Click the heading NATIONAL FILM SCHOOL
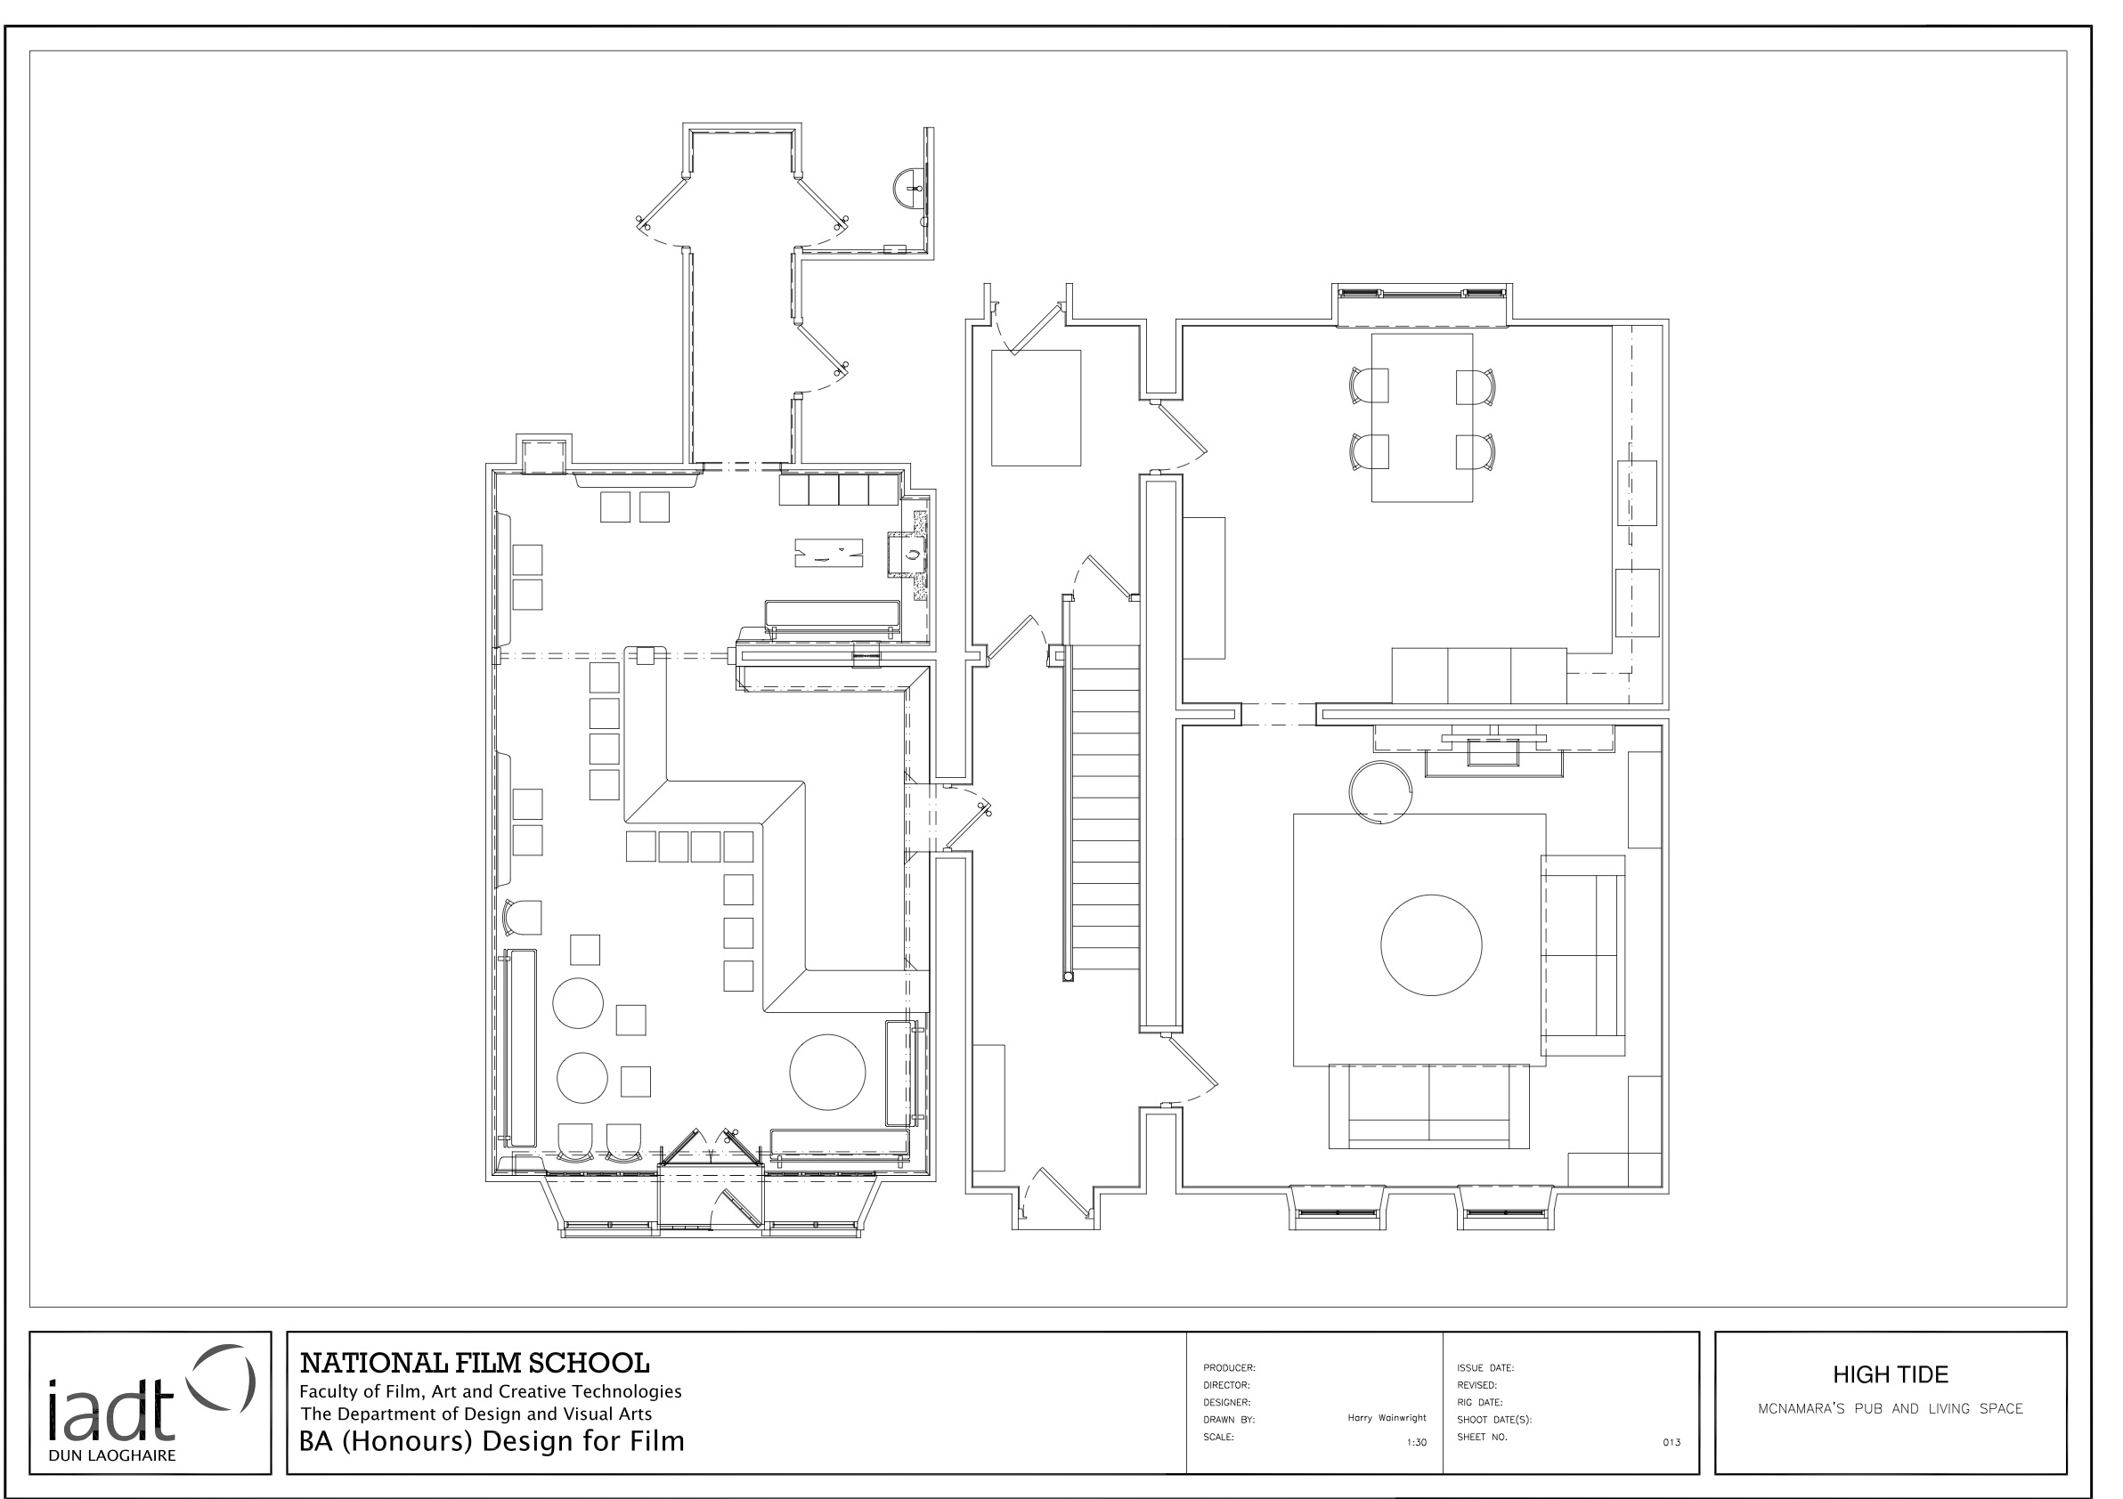click(475, 1363)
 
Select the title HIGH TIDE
click(1889, 1374)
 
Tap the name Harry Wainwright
click(1386, 1418)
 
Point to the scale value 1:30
click(1416, 1442)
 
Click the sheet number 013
click(1671, 1442)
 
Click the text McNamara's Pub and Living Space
click(1889, 1409)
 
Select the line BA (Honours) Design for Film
click(491, 1441)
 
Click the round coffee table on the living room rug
click(1430, 944)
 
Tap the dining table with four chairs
click(1421, 417)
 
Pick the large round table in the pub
click(826, 1071)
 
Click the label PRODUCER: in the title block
click(1229, 1368)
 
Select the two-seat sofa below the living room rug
click(1428, 1106)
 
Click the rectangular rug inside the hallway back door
click(1036, 408)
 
